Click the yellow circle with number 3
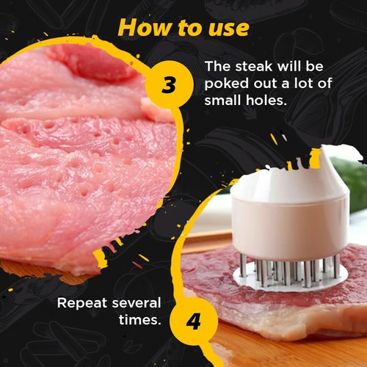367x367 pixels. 168,85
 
